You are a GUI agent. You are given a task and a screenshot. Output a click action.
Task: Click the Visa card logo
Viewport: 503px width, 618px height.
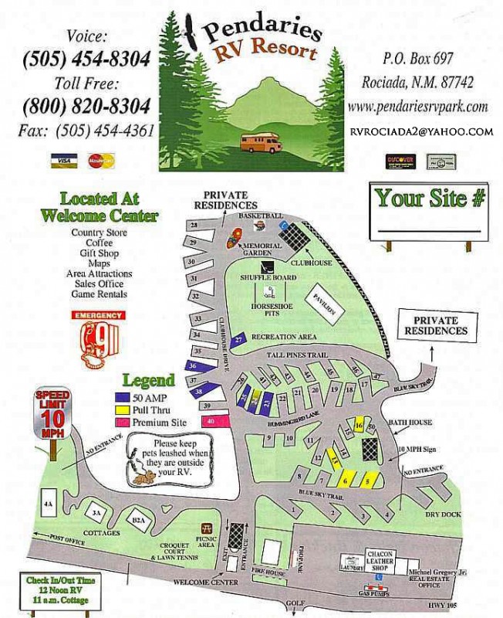[63, 160]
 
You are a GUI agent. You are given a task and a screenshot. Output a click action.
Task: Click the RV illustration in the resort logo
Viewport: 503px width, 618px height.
[261, 142]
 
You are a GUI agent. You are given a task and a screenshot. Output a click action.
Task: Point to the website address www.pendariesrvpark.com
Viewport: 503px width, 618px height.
[417, 107]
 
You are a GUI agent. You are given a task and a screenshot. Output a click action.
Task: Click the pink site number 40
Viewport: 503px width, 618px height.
[215, 421]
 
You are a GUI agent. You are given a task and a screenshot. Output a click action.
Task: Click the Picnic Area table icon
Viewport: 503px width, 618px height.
[206, 529]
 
